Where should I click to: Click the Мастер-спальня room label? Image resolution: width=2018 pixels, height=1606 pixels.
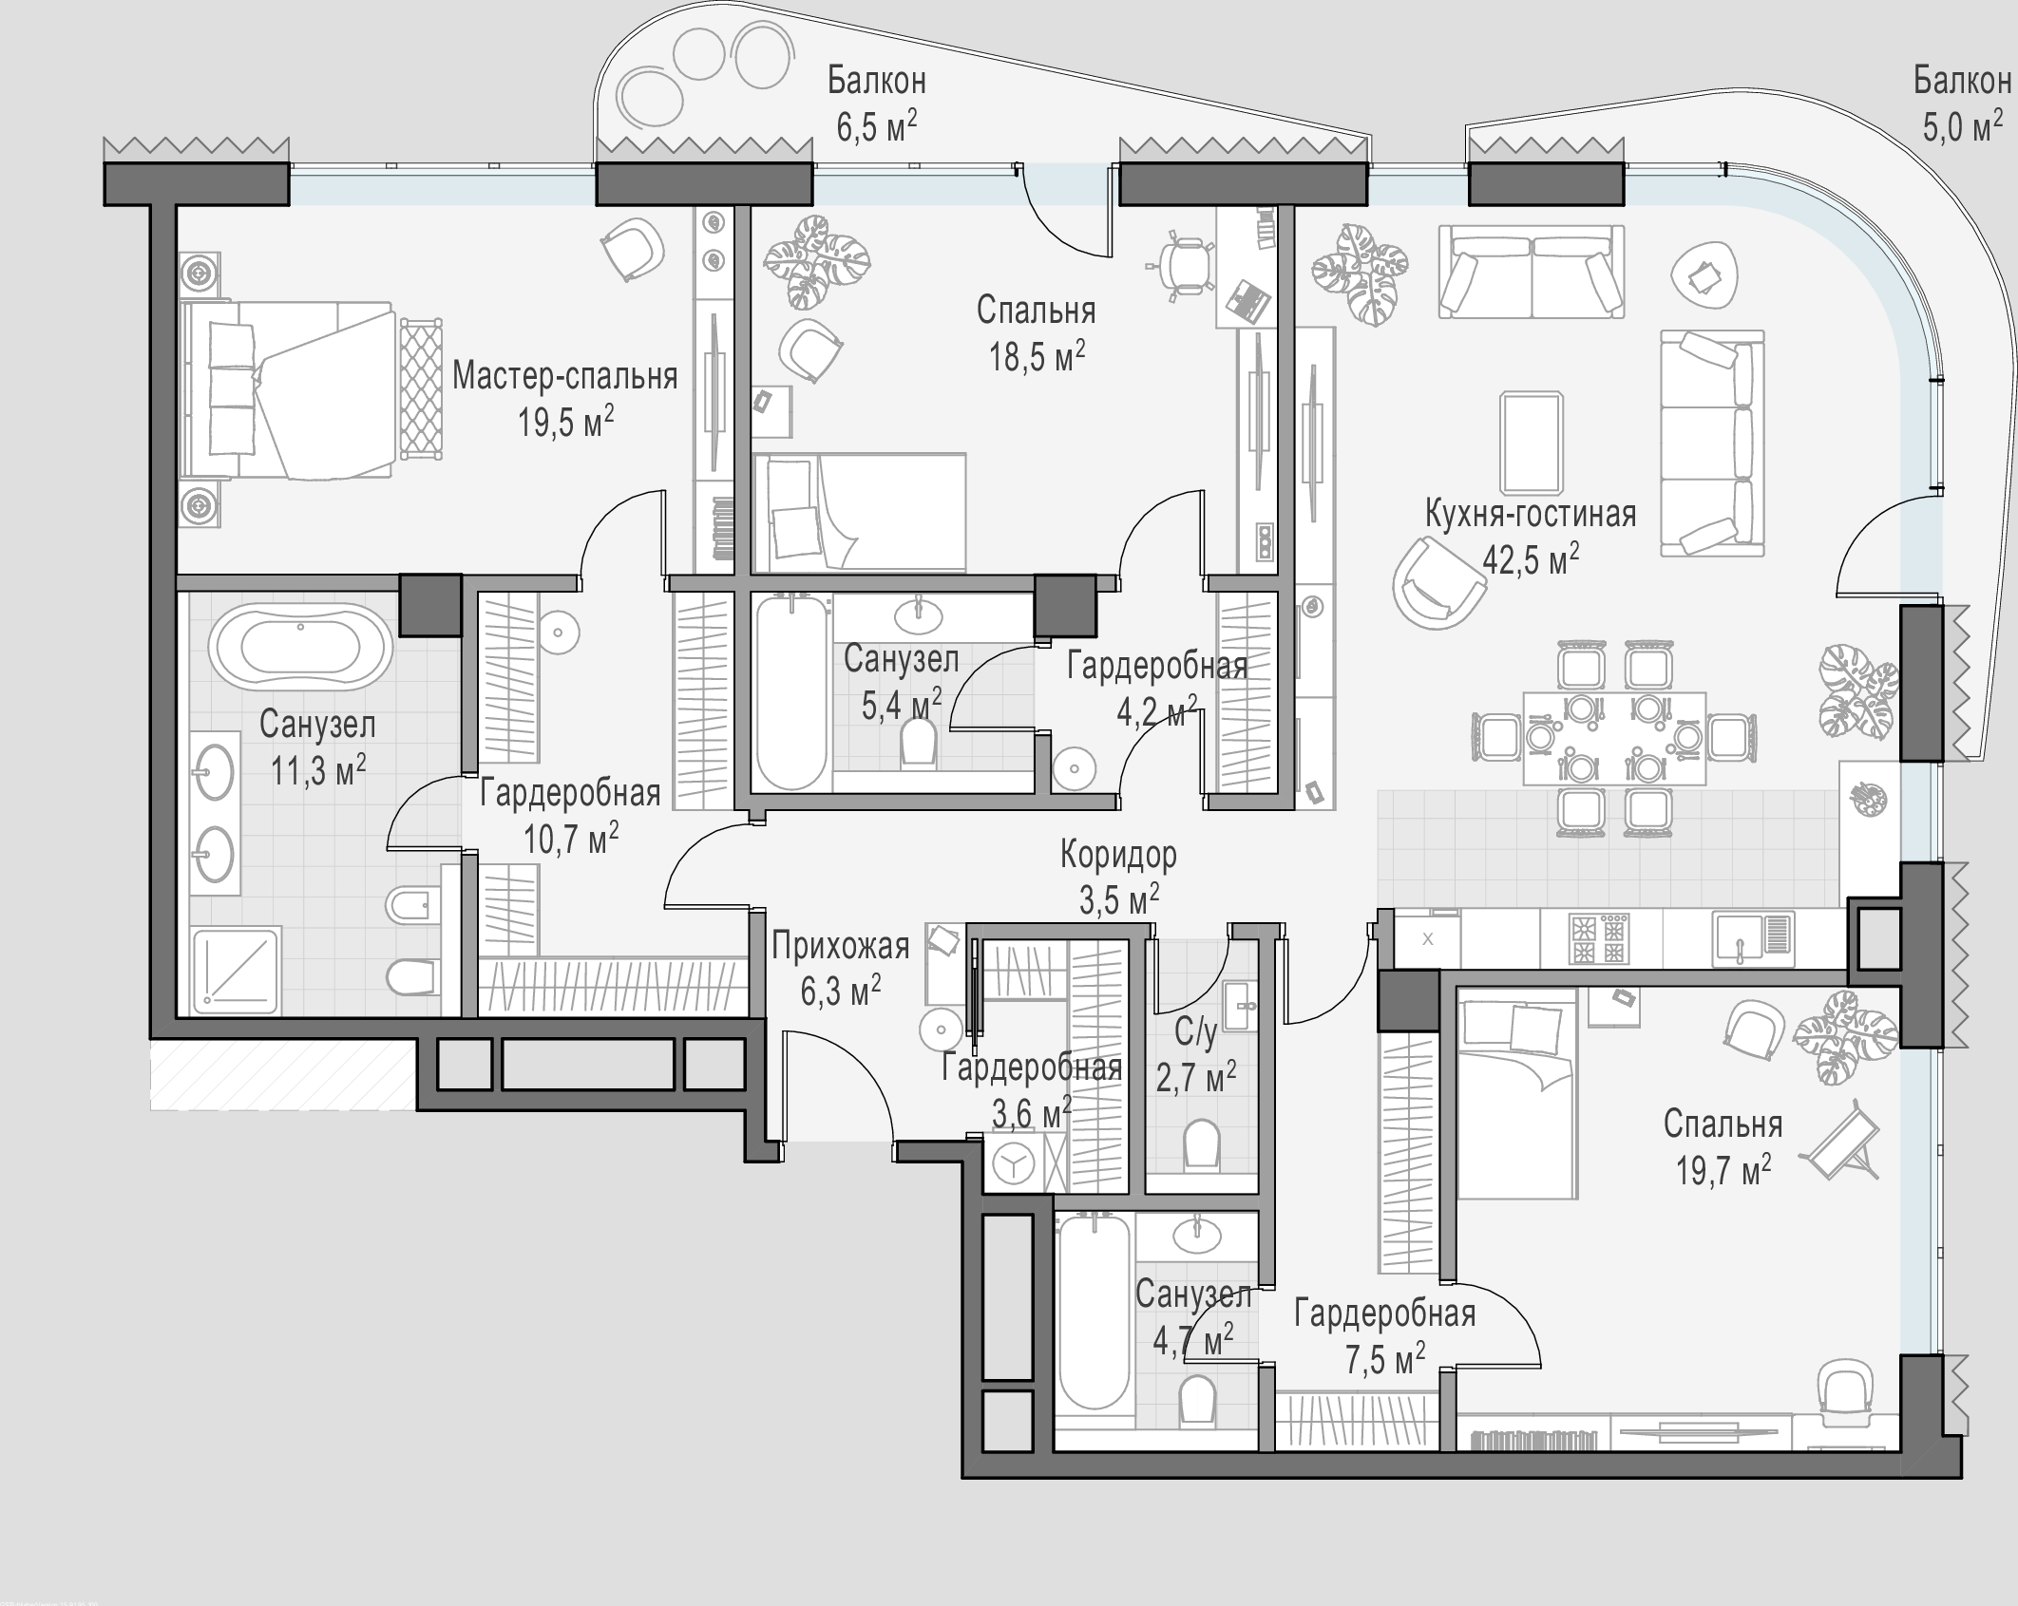click(x=565, y=376)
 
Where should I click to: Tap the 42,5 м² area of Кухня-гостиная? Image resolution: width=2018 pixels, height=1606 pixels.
click(x=1531, y=559)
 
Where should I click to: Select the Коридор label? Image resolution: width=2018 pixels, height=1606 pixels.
click(x=1118, y=855)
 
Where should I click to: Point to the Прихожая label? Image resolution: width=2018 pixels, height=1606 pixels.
click(x=840, y=946)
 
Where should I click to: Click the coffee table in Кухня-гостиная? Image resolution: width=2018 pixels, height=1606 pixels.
click(x=1531, y=443)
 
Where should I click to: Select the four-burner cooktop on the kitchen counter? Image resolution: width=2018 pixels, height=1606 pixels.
click(x=1601, y=938)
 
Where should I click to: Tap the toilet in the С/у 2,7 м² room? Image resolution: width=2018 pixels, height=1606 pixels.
click(x=1202, y=1143)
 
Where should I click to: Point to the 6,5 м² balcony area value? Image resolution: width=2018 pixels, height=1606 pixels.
click(x=876, y=125)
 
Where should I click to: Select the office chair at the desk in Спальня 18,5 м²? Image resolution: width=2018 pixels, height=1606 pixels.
click(x=1184, y=265)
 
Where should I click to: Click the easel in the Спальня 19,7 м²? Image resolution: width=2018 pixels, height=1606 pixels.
click(x=1844, y=1145)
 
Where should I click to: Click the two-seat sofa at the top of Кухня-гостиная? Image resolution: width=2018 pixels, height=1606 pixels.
click(x=1532, y=272)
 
